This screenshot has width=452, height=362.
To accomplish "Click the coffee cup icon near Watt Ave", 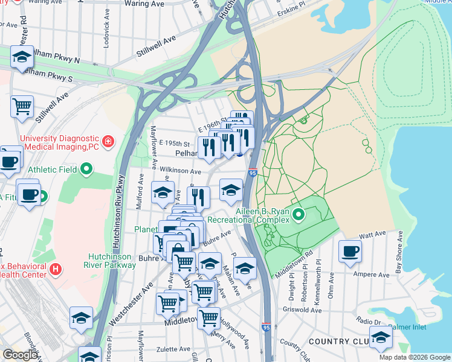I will [x=349, y=250].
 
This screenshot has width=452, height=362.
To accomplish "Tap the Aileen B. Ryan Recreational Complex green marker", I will [x=298, y=214].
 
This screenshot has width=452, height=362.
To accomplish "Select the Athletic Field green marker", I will [x=86, y=170].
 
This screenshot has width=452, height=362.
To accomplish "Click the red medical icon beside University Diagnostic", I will [x=108, y=142].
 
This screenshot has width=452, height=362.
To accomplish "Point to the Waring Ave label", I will [x=144, y=4].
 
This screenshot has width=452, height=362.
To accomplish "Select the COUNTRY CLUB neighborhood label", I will [x=338, y=341].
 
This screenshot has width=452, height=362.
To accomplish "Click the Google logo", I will [x=20, y=355].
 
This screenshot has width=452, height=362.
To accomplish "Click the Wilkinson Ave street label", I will [x=179, y=171].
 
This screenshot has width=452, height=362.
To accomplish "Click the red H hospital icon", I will [x=55, y=268].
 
